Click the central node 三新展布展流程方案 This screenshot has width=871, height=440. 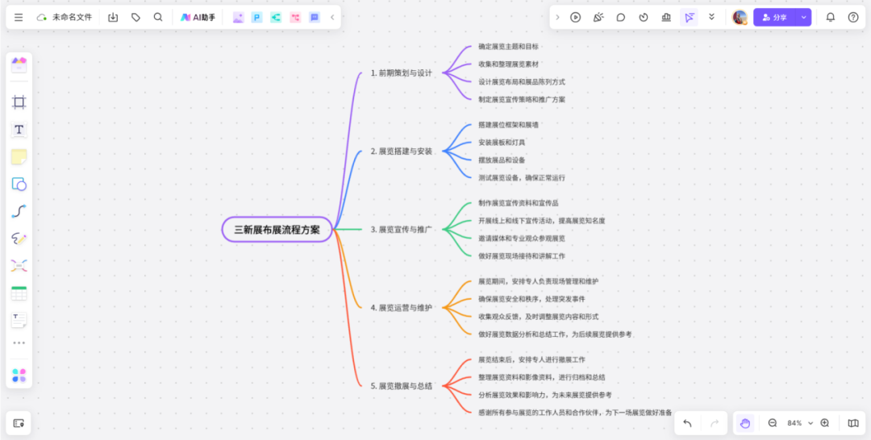[x=277, y=229]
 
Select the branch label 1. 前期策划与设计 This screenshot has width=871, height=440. [x=401, y=73]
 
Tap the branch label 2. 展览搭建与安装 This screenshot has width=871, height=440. [x=401, y=151]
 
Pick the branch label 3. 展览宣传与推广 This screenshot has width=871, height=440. [x=401, y=229]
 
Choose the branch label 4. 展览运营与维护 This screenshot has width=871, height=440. [x=401, y=307]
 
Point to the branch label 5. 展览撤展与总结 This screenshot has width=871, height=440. [x=401, y=386]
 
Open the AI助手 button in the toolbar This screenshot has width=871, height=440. [x=198, y=17]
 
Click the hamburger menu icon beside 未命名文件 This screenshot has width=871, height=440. [x=19, y=17]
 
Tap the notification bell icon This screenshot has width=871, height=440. [x=831, y=17]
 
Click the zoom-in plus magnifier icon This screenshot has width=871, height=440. [x=825, y=423]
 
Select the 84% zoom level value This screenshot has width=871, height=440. [x=794, y=423]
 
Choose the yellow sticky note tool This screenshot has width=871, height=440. [x=19, y=157]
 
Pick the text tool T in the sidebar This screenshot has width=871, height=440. [x=19, y=130]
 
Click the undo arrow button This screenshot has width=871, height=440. [x=687, y=423]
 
